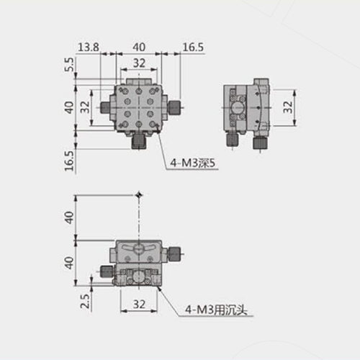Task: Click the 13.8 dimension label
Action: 89,48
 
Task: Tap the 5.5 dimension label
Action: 69,65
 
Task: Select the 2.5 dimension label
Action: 85,301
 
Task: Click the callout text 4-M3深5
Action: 192,163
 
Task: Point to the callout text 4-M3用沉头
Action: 216,310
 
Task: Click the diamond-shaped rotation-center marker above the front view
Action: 139,195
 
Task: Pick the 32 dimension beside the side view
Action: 288,107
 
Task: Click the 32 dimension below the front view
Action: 139,305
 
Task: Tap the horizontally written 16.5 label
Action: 193,48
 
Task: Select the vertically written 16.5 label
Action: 69,161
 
